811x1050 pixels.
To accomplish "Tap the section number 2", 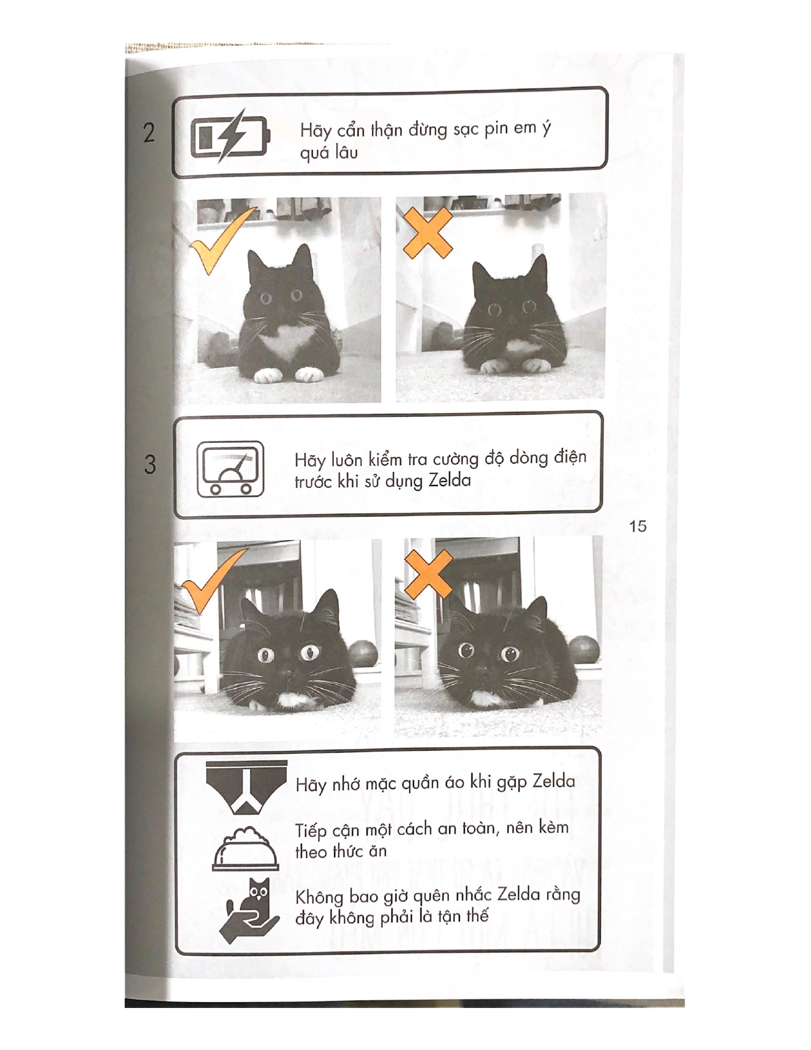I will click(x=149, y=132).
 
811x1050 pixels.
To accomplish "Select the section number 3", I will click(x=149, y=464).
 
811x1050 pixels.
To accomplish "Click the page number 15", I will click(x=637, y=526).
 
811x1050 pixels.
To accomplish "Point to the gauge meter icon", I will click(x=230, y=470).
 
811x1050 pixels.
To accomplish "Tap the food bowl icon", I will click(x=245, y=850).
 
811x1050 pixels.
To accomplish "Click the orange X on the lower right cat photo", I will click(x=428, y=575).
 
